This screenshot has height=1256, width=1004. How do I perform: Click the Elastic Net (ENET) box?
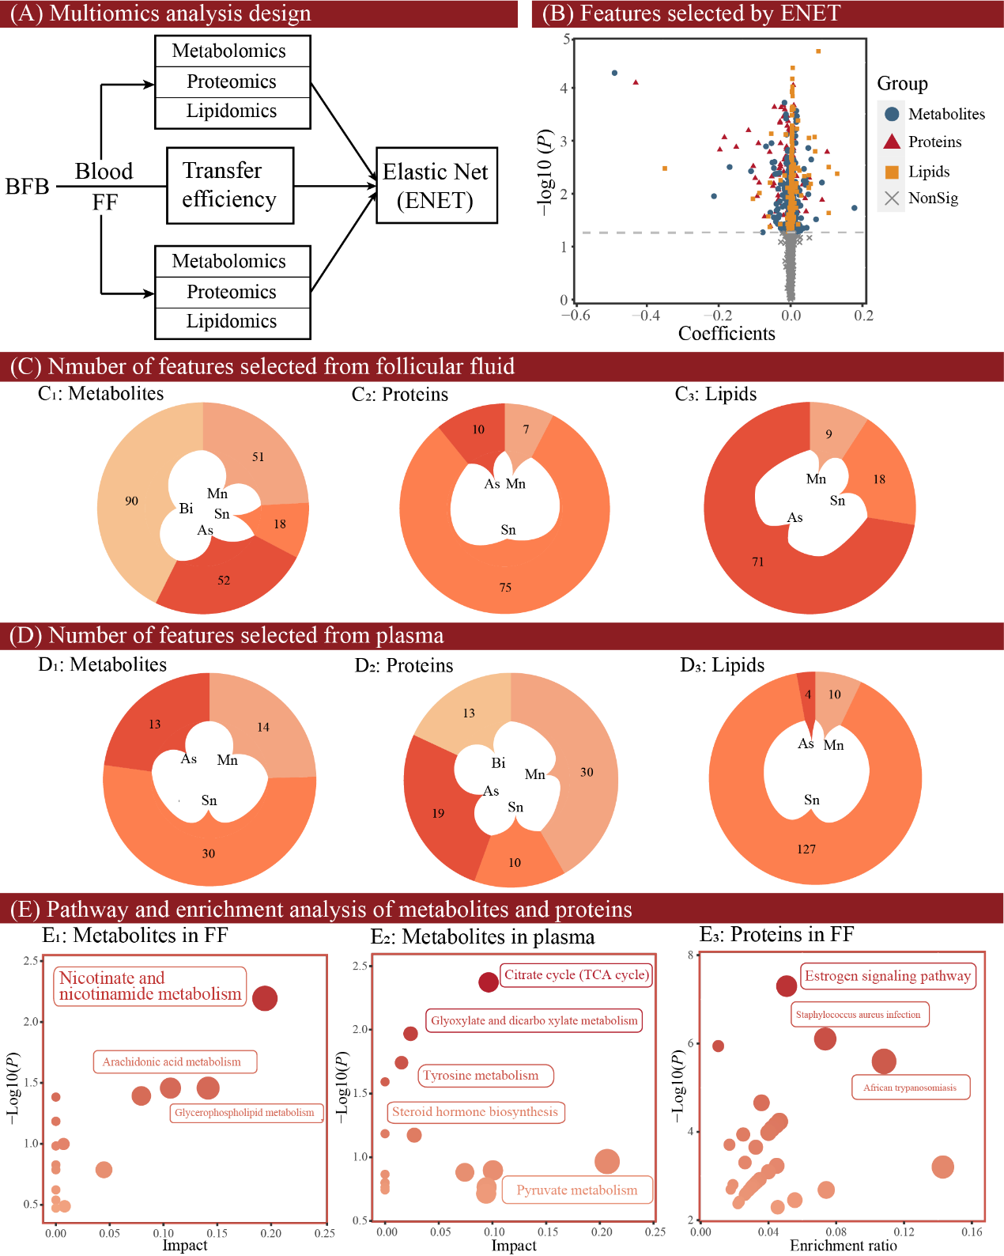tap(436, 185)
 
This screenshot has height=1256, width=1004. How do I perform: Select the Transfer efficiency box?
tap(230, 185)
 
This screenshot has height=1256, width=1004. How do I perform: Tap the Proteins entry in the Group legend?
tap(934, 142)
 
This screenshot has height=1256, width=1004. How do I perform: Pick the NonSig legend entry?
tap(932, 199)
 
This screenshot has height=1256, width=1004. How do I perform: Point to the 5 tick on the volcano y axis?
tap(565, 39)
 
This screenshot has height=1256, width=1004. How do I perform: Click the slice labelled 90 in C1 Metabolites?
tap(131, 501)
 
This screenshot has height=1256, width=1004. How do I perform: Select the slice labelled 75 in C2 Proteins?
tap(505, 587)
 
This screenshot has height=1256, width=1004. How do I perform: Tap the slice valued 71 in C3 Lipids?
tap(757, 562)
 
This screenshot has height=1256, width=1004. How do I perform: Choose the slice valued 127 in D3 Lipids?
tap(806, 849)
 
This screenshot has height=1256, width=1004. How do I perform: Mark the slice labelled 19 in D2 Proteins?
tap(438, 813)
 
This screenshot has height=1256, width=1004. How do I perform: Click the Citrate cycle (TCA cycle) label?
tap(576, 975)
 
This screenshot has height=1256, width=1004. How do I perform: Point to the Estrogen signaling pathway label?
tap(887, 976)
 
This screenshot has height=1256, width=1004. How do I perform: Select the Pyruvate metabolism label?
tap(576, 1190)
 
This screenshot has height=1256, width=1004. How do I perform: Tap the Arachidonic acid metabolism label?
tap(172, 1062)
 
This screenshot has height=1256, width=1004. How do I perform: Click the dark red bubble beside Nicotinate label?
tap(265, 998)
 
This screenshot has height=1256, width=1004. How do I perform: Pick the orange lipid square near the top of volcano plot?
tap(818, 51)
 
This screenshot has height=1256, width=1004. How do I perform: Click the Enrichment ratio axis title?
tap(843, 1246)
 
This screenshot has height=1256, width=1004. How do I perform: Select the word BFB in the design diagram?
tap(28, 187)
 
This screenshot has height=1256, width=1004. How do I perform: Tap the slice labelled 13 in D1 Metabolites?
tap(154, 724)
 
